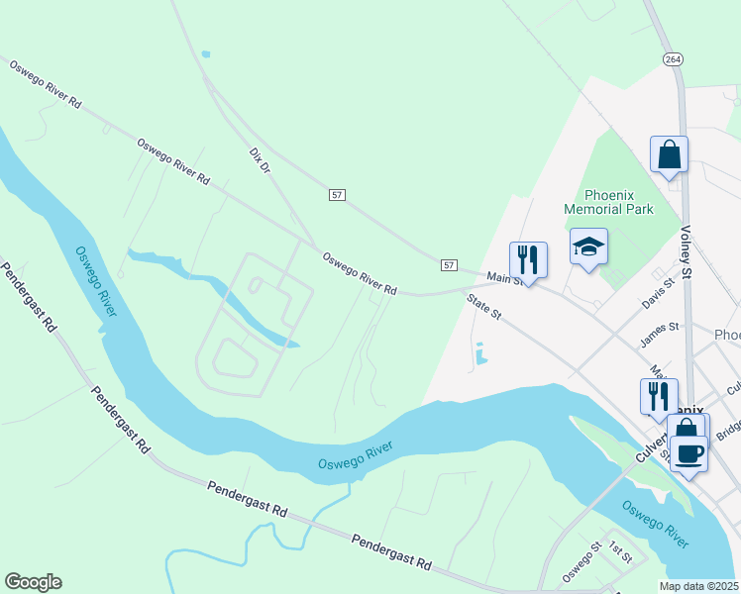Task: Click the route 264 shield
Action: [673, 59]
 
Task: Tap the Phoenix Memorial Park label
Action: [608, 202]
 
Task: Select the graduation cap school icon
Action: [588, 247]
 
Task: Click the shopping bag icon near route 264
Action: [669, 155]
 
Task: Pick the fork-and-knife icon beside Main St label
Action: [528, 260]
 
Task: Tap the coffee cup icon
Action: [688, 453]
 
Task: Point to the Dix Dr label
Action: [260, 162]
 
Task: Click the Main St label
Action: [504, 281]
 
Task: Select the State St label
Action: [485, 311]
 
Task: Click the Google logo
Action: [33, 582]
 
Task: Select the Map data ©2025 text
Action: [699, 585]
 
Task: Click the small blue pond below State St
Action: [481, 354]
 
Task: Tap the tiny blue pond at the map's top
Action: [205, 53]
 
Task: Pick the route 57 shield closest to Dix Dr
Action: [337, 195]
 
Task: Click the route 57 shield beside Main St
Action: [449, 265]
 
